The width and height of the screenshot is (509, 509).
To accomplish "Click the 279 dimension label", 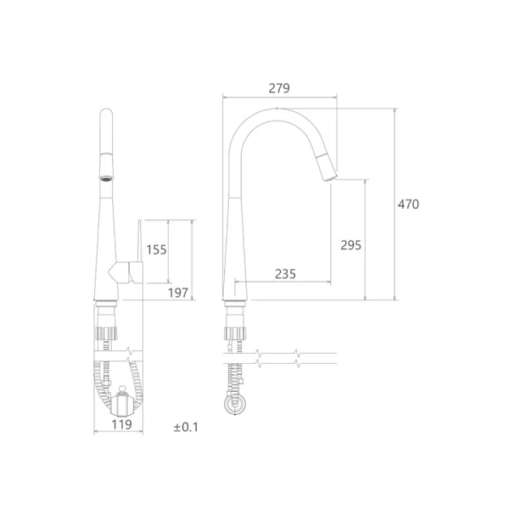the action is tap(279, 88).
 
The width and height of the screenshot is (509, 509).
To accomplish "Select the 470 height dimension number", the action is tap(408, 204).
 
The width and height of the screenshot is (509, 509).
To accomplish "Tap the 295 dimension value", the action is tap(350, 245).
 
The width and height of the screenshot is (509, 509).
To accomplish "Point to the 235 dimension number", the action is tap(285, 274).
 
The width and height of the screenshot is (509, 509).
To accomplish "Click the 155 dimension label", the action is tap(156, 249).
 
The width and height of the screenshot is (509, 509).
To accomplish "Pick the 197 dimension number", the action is tap(178, 293).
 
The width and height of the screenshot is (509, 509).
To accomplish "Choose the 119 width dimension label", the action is tap(121, 424).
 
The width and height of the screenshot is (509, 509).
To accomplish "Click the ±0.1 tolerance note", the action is tap(186, 428).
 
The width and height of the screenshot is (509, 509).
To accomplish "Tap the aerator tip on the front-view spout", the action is tap(106, 178).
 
